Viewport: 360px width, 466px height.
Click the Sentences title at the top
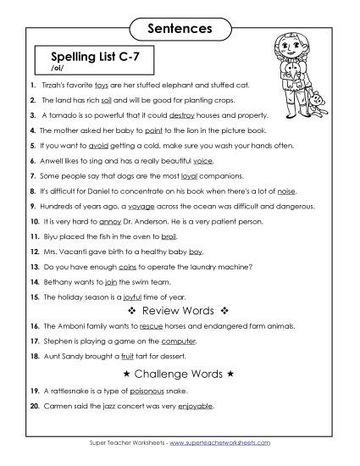pos(179,29)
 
